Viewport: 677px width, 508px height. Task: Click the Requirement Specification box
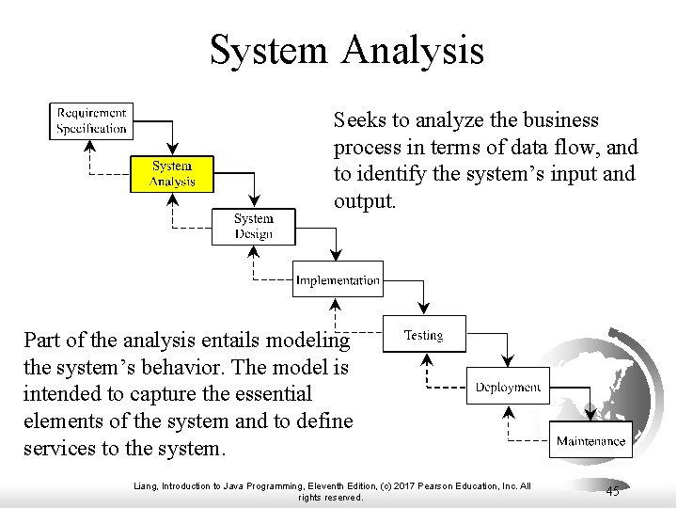point(90,120)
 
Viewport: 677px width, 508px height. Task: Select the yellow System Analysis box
point(172,174)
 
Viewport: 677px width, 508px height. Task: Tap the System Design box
point(253,227)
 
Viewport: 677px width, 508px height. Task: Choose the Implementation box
point(338,280)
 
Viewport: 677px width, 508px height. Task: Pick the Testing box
point(422,335)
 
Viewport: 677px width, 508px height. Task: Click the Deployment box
point(507,387)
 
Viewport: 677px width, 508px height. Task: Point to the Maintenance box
point(590,440)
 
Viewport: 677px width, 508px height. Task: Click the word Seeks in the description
point(358,121)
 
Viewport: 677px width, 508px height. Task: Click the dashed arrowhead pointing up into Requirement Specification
point(91,144)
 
